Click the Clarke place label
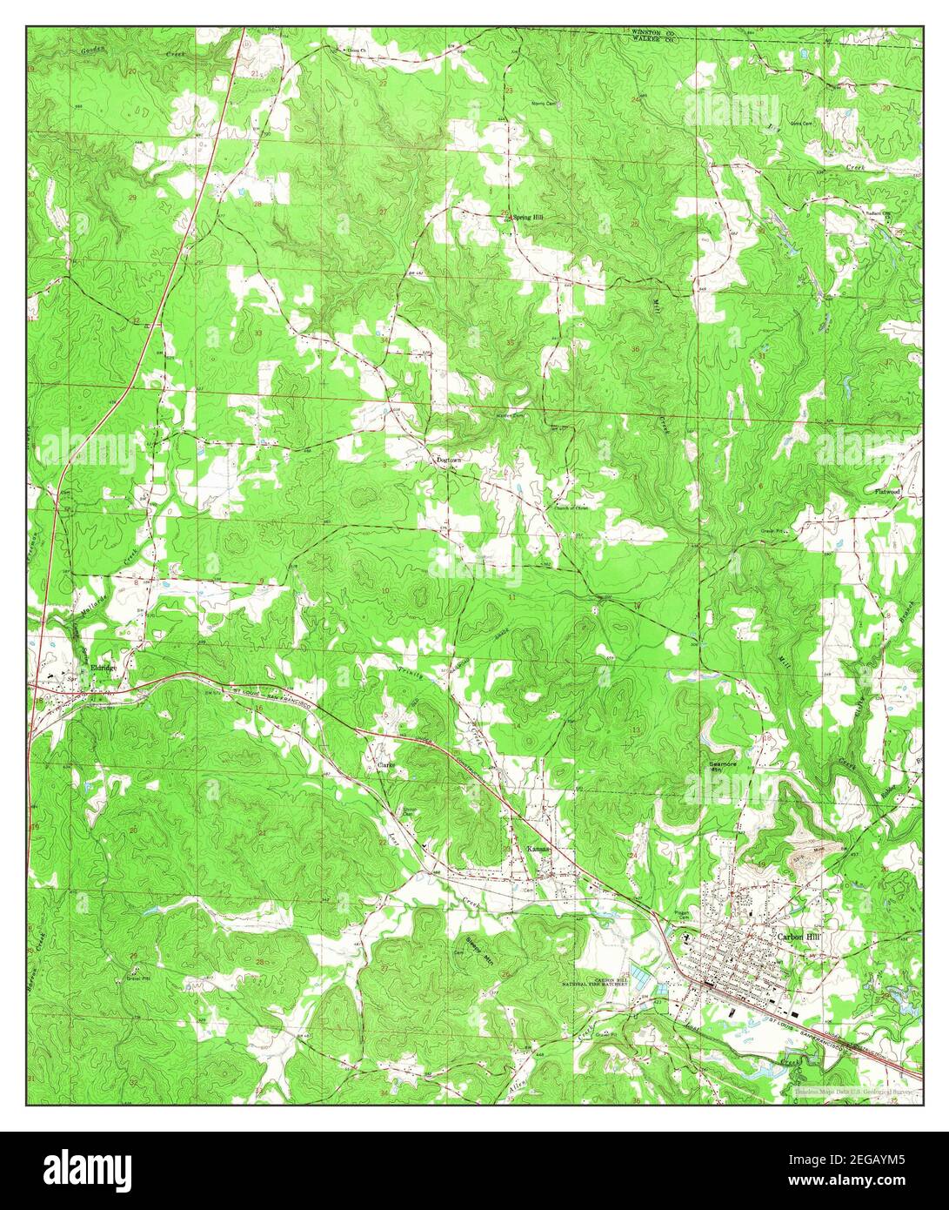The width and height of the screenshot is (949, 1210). (x=387, y=765)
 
